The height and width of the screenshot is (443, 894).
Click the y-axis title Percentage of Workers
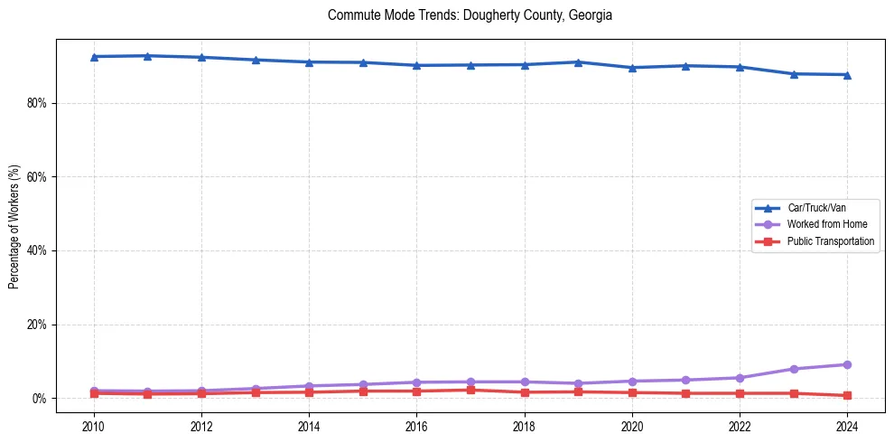coord(14,227)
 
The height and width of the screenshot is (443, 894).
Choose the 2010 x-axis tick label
coord(93,426)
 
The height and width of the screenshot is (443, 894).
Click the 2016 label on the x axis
coord(416,426)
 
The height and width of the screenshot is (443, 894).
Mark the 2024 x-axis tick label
coord(847,426)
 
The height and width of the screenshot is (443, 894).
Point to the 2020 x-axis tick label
coord(632,426)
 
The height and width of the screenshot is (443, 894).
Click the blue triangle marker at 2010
coord(93,57)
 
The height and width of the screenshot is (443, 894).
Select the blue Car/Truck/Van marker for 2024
coord(847,75)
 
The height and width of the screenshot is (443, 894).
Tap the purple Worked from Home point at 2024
coord(847,364)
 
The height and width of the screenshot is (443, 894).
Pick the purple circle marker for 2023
coord(794,369)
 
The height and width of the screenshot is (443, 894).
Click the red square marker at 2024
coord(847,395)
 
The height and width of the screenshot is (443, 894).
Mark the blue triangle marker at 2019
coord(578,62)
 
